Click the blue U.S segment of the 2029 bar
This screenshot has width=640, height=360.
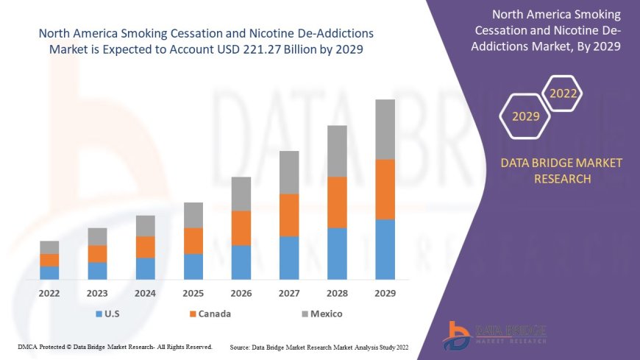tap(385, 250)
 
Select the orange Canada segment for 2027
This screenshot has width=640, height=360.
tap(289, 215)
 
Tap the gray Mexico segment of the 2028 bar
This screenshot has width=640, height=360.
tap(337, 151)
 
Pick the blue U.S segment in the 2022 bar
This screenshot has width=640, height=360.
tap(49, 272)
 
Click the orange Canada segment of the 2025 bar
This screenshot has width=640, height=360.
tap(193, 241)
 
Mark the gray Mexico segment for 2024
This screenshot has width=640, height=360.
tap(146, 225)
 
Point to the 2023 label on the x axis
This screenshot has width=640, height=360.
tap(97, 293)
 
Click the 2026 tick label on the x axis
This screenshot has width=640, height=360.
tap(241, 293)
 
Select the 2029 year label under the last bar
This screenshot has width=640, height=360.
tap(385, 293)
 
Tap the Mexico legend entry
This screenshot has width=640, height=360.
tap(321, 314)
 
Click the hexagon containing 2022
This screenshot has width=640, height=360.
tap(563, 93)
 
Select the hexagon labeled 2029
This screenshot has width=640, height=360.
tap(525, 116)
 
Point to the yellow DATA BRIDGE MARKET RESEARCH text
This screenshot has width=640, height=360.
tap(561, 170)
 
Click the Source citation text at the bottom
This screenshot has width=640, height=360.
tap(319, 346)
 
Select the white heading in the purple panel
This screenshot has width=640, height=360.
tap(557, 31)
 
